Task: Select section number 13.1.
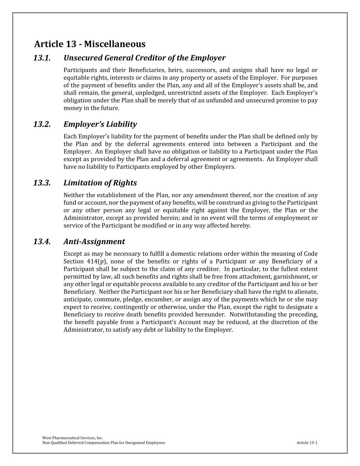point(42,58)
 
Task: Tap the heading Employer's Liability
point(100,124)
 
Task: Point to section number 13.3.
point(42,183)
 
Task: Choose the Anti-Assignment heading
point(94,241)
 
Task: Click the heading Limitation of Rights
point(100,183)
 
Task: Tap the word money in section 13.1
point(72,108)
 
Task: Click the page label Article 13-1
point(307,443)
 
